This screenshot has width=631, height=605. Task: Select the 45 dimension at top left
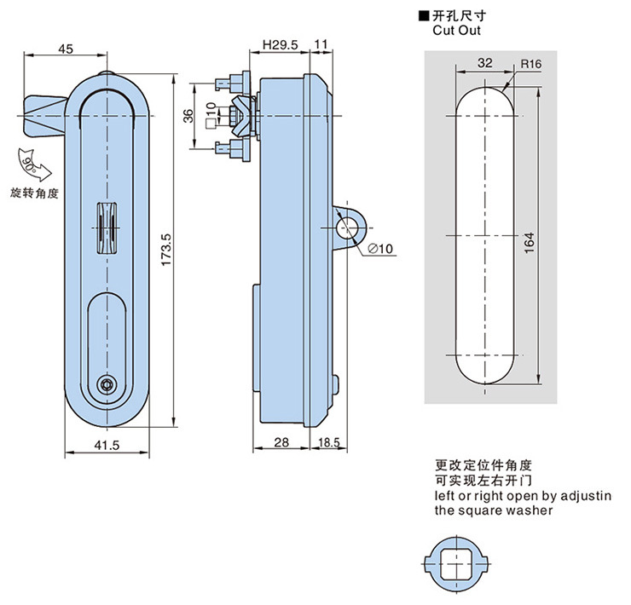coord(65,49)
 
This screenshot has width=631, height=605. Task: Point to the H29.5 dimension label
coord(279,45)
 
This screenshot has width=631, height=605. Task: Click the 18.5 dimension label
coord(329,443)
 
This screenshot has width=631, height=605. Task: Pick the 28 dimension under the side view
coord(282,443)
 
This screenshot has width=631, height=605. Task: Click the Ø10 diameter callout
coord(380,249)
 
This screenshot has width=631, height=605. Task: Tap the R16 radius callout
coord(531,64)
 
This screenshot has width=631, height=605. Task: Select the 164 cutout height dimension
coord(530,242)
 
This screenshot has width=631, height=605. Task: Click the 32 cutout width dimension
coord(484,63)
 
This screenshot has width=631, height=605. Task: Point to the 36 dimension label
coord(189,116)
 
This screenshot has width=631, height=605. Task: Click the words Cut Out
coord(456,30)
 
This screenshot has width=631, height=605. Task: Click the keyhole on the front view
coord(107,384)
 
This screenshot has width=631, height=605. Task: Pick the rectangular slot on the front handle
coord(106,229)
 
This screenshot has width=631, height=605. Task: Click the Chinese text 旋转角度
coord(34,193)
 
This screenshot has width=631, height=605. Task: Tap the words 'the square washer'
coord(493,510)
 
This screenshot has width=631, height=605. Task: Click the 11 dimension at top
coord(321,45)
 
